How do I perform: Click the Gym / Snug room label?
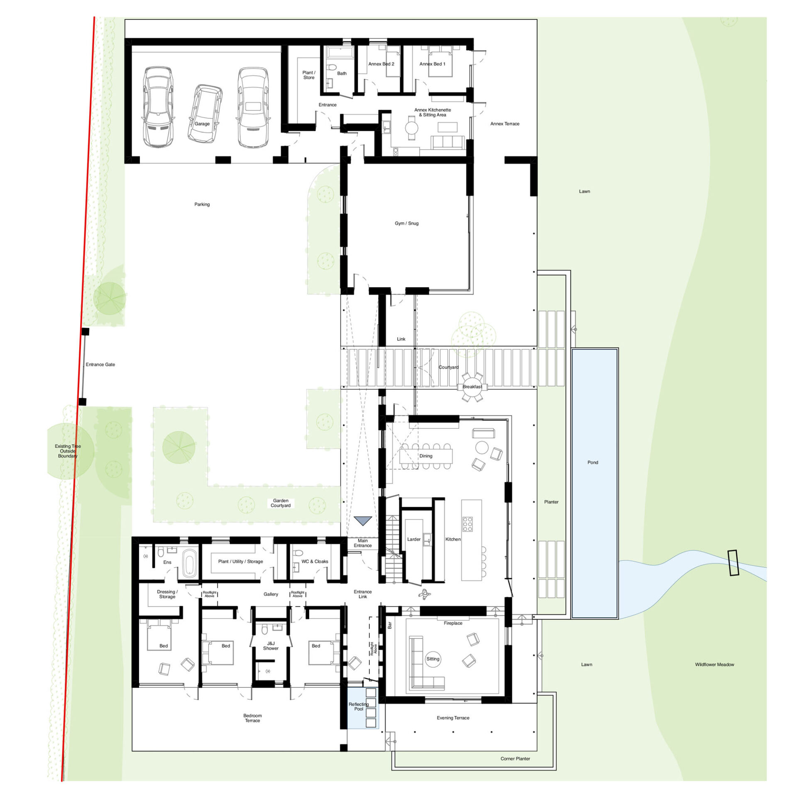click(x=406, y=223)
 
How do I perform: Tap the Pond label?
click(x=592, y=462)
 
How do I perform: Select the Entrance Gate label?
click(x=100, y=364)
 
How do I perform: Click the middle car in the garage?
click(x=205, y=114)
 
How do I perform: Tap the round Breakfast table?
click(x=472, y=387)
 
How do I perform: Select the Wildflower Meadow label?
click(x=714, y=665)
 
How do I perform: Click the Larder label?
click(x=413, y=539)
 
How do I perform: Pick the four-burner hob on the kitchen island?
click(x=467, y=524)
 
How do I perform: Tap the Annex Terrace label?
click(x=505, y=124)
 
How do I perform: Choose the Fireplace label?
click(x=453, y=623)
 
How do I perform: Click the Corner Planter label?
click(x=515, y=758)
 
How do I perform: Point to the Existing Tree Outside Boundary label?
click(x=68, y=451)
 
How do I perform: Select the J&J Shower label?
click(x=271, y=646)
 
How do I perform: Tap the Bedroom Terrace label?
click(x=252, y=718)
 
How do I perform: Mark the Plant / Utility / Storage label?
click(x=240, y=562)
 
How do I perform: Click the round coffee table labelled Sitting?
click(x=433, y=659)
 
